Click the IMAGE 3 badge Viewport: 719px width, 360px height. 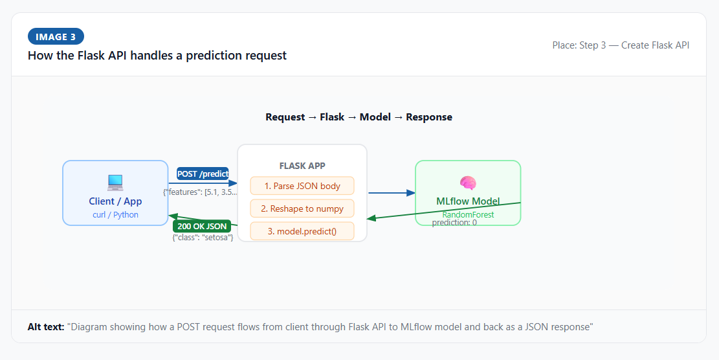click(56, 37)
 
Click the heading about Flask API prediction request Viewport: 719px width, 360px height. click(157, 56)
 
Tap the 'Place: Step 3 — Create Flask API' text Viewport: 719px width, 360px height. click(621, 45)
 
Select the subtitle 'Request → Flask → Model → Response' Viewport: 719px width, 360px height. click(359, 117)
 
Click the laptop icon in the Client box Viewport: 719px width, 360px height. click(115, 183)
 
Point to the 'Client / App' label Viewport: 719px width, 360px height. click(115, 201)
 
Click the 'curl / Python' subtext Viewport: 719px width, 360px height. click(115, 214)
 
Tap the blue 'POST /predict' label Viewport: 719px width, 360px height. click(203, 174)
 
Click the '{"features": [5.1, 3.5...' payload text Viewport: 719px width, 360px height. click(200, 192)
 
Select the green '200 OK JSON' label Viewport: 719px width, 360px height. click(202, 226)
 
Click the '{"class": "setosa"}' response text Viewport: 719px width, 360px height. click(203, 238)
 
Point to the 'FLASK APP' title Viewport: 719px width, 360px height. click(302, 166)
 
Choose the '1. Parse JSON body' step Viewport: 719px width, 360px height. click(302, 186)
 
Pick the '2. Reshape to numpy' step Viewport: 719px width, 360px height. click(302, 208)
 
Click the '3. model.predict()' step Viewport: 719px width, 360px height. click(302, 231)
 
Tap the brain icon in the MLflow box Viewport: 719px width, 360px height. click(468, 183)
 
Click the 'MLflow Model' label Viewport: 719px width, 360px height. click(468, 201)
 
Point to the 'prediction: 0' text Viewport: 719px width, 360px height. click(454, 222)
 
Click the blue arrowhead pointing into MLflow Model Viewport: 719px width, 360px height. click(410, 192)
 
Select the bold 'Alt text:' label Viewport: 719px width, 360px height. click(46, 327)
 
